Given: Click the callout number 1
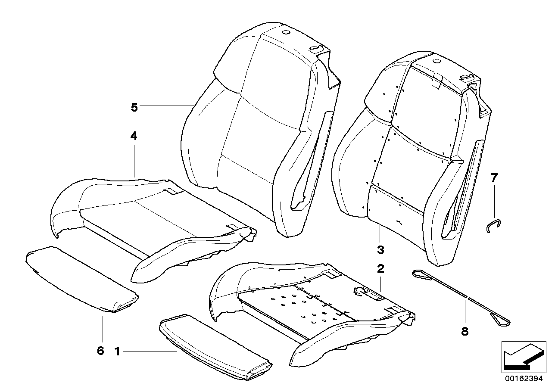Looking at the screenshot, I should click(117, 352).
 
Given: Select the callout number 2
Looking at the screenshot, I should click(380, 270).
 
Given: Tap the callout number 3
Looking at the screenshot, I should click(380, 250).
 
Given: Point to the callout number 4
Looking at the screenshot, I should click(134, 137).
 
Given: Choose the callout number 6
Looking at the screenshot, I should click(100, 351).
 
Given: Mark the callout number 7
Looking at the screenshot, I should click(494, 177).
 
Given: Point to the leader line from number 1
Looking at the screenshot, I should click(151, 352).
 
